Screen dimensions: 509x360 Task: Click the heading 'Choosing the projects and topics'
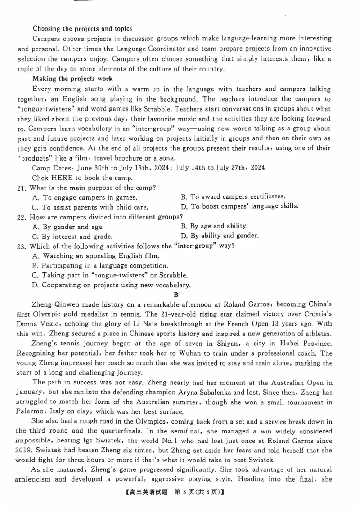click(82, 28)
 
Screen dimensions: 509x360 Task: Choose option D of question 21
click(239, 206)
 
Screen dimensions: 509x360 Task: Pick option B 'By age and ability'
click(214, 226)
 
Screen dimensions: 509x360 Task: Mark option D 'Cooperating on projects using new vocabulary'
click(112, 285)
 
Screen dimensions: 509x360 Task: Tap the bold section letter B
click(176, 295)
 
